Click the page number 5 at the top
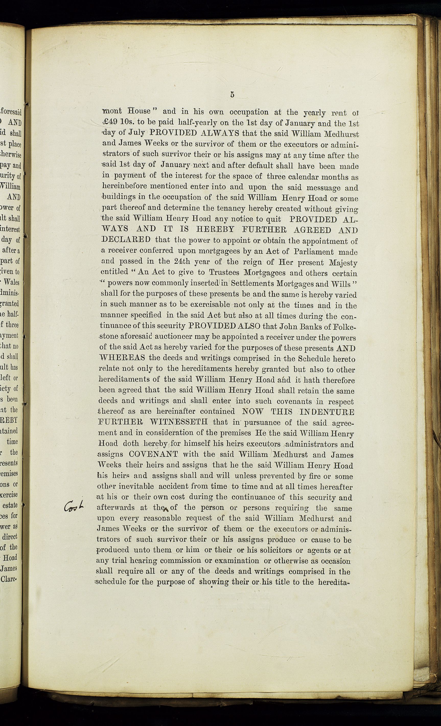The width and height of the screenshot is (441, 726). pos(233,95)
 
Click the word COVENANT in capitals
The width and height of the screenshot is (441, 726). pos(153,454)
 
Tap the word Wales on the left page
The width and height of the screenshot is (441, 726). pos(12,282)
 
